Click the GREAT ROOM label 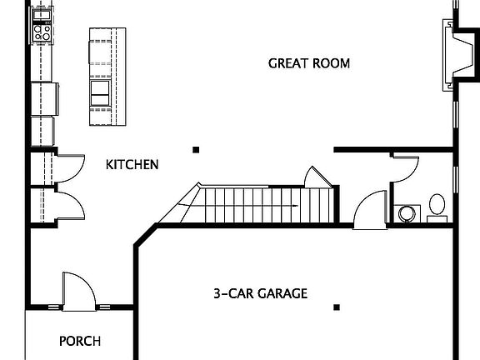click(x=309, y=63)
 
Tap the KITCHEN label click(x=132, y=165)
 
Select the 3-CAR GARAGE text click(x=261, y=293)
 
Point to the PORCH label click(x=80, y=341)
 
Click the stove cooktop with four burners click(x=42, y=32)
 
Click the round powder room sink click(x=407, y=213)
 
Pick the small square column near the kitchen click(x=196, y=150)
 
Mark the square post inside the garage click(x=337, y=307)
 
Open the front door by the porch click(x=79, y=292)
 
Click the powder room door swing click(x=406, y=169)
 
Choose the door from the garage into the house click(x=370, y=210)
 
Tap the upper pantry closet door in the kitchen click(x=69, y=168)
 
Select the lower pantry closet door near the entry click(x=69, y=205)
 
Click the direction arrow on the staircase click(x=238, y=205)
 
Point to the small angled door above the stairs click(x=318, y=177)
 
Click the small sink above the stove click(x=42, y=15)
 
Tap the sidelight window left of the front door click(x=54, y=307)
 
